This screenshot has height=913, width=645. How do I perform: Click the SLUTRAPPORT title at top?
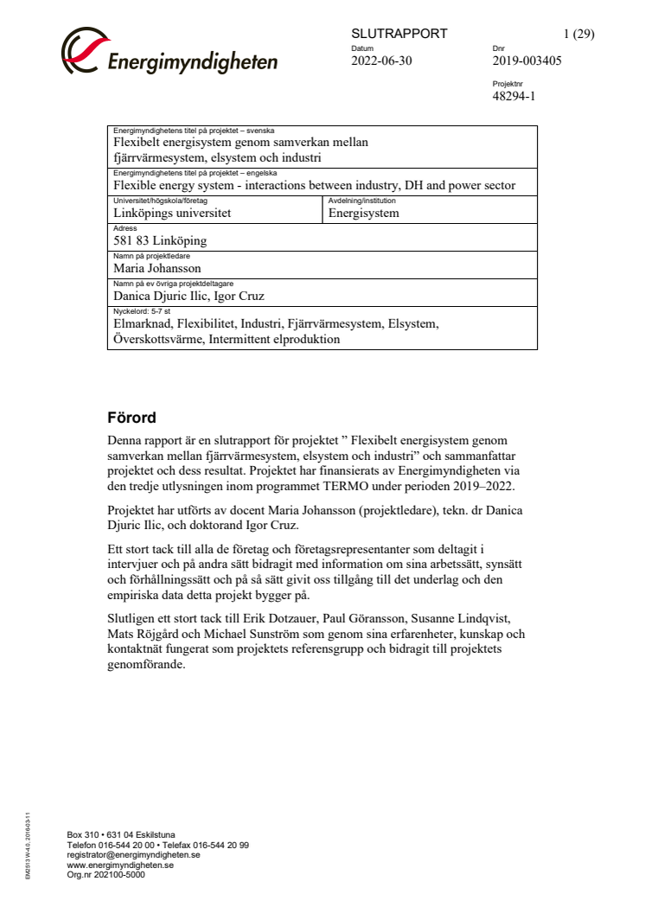(399, 34)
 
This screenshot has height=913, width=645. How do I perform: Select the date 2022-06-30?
(382, 61)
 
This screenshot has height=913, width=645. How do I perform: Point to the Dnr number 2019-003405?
(527, 61)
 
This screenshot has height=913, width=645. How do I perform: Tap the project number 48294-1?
(514, 96)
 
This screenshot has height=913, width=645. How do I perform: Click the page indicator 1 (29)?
(578, 34)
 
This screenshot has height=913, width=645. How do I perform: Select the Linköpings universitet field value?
(172, 214)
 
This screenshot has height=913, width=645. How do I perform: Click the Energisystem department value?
(363, 214)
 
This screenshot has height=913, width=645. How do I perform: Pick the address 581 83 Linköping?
(160, 241)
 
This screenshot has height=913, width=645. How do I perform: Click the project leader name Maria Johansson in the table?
(157, 268)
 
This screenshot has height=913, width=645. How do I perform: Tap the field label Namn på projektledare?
(151, 256)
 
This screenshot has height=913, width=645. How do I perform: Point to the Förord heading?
(132, 418)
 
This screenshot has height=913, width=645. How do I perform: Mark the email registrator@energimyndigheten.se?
(133, 854)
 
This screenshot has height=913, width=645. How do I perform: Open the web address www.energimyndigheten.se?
(120, 864)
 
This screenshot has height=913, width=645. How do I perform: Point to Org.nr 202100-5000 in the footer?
(105, 874)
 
